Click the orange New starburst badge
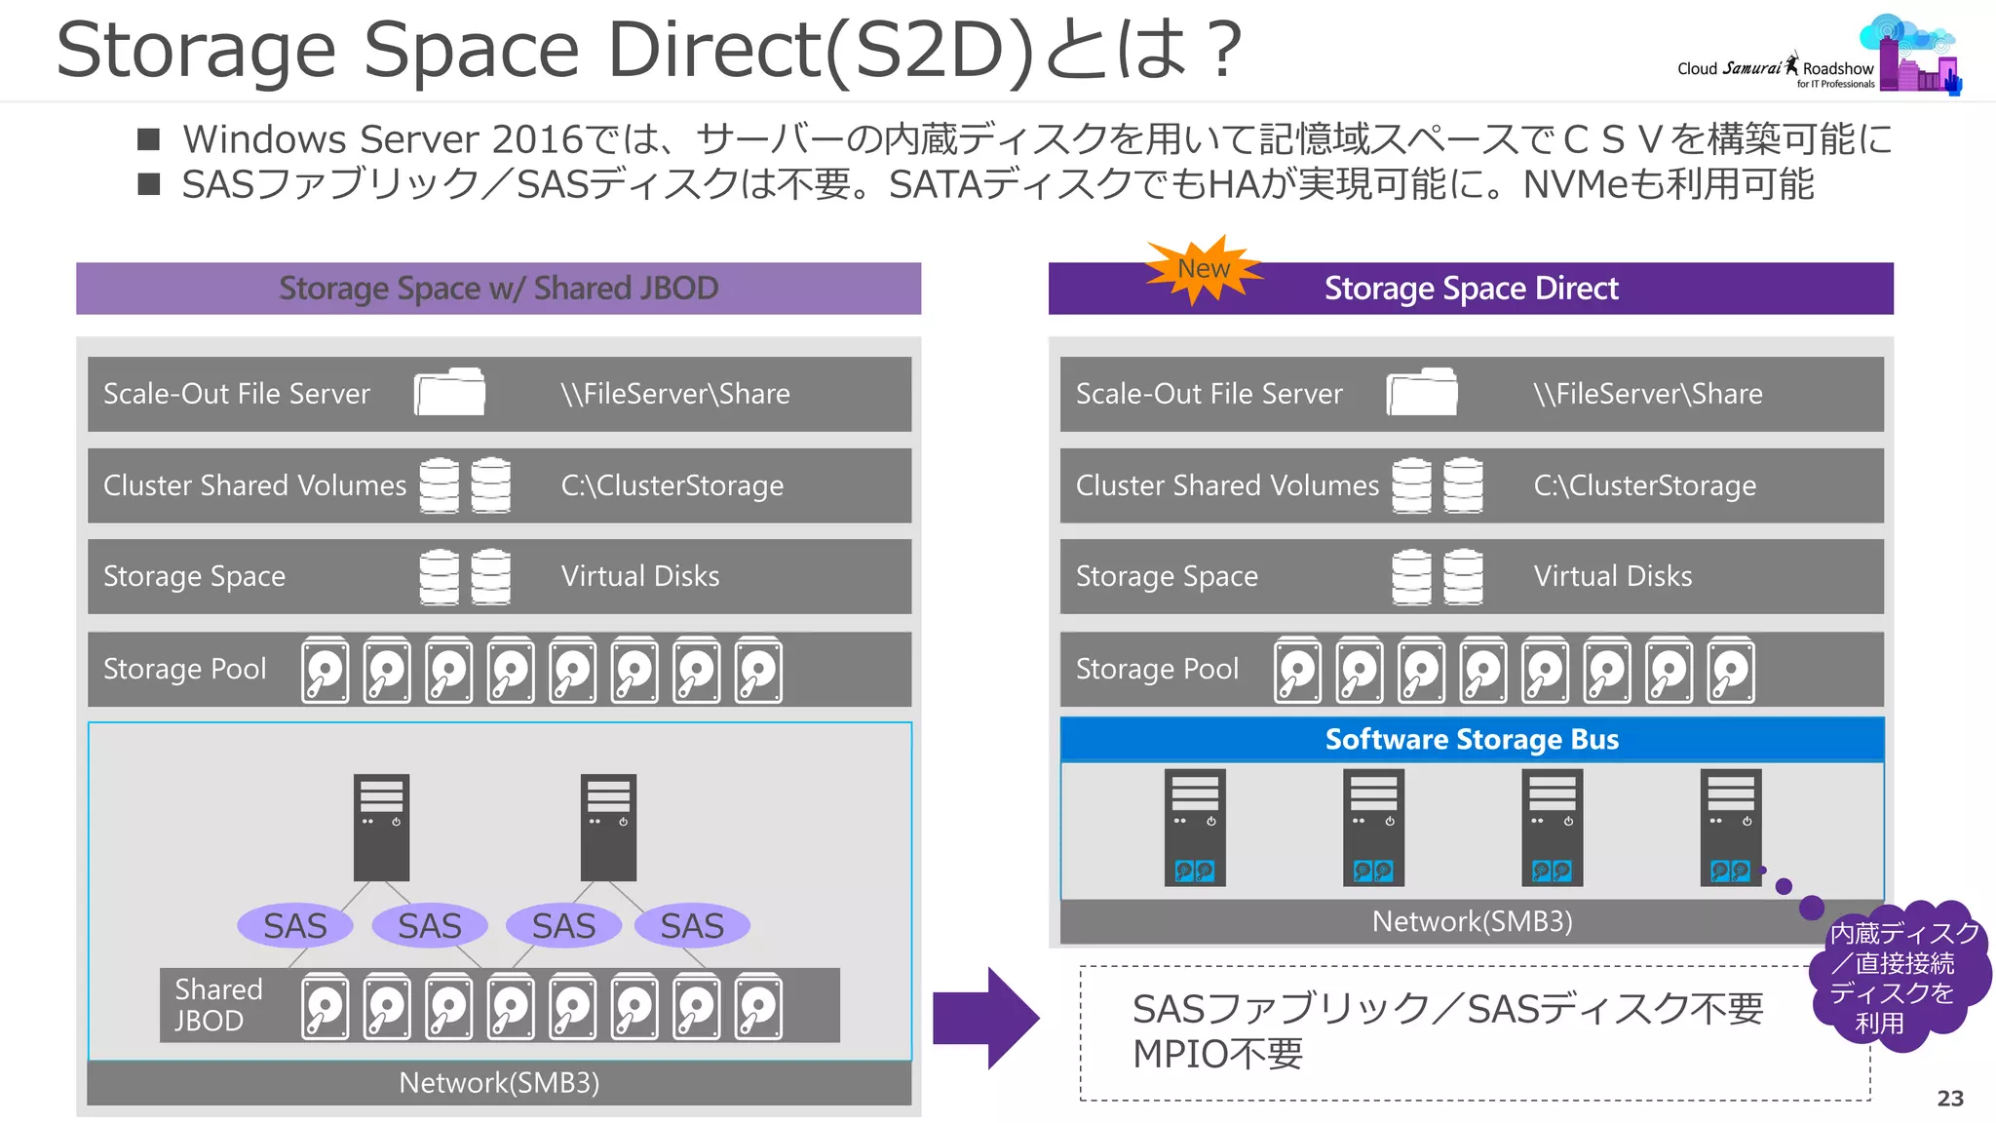1203,270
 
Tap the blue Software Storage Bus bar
1472,740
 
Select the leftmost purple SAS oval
295,925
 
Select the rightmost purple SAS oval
692,925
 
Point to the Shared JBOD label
218,1005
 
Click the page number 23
1949,1099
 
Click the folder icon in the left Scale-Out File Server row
449,393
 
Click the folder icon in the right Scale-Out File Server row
1422,393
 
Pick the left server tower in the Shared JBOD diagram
381,827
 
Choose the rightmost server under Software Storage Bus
1731,827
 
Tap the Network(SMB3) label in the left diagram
499,1083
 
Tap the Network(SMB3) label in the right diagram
1472,921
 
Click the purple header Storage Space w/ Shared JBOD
498,289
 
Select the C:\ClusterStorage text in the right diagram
1644,485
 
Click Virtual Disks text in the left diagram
640,576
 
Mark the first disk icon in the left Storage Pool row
325,671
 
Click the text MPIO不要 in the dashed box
1217,1054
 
